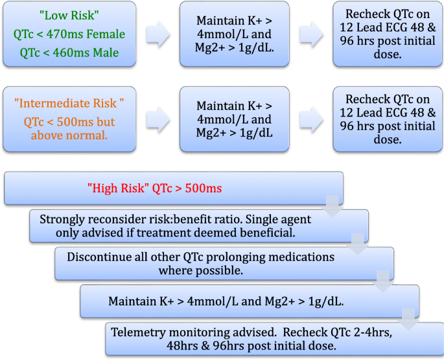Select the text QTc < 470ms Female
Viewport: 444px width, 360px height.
[69, 34]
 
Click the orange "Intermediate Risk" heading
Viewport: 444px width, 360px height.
[69, 103]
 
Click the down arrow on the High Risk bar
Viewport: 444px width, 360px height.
[332, 206]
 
